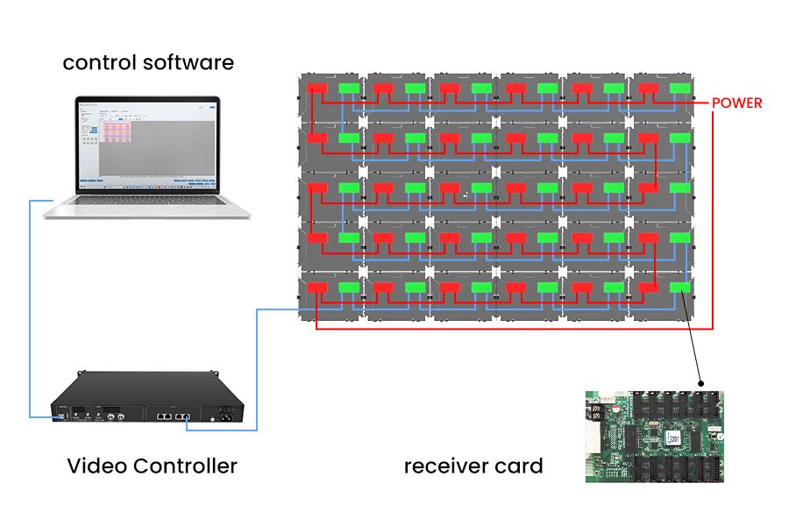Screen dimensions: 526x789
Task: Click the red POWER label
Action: (736, 103)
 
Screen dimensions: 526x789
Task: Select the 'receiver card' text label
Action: (473, 466)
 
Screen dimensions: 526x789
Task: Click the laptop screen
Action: (147, 144)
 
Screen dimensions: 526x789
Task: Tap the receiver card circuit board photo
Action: (656, 436)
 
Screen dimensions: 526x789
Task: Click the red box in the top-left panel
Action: (316, 89)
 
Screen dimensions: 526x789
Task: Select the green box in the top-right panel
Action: (679, 89)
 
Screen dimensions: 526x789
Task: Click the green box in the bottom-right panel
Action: (679, 287)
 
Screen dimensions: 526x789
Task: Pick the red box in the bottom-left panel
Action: (316, 287)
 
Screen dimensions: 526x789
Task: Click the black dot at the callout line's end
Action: (701, 383)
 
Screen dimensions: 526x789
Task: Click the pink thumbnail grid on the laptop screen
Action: (117, 131)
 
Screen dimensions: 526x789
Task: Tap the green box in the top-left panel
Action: (349, 89)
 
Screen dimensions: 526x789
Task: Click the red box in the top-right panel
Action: (648, 89)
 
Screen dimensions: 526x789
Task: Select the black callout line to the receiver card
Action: (691, 338)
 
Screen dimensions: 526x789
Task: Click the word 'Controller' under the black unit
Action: (187, 466)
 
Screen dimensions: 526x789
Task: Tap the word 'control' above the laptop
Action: (98, 63)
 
